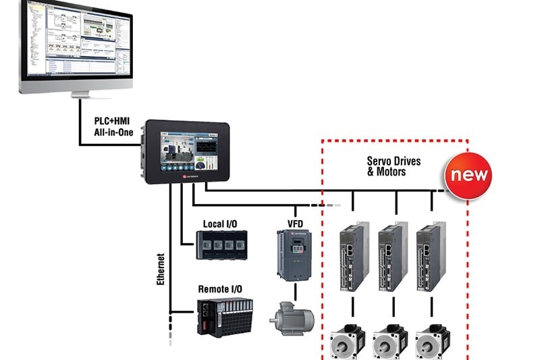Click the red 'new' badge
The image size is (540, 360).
467,176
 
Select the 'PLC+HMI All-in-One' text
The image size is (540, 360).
117,127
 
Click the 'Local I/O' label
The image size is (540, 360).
220,224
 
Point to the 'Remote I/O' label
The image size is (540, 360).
220,289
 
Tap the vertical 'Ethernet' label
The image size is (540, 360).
161,269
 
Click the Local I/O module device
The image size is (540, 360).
221,245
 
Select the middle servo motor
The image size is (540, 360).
389,341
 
